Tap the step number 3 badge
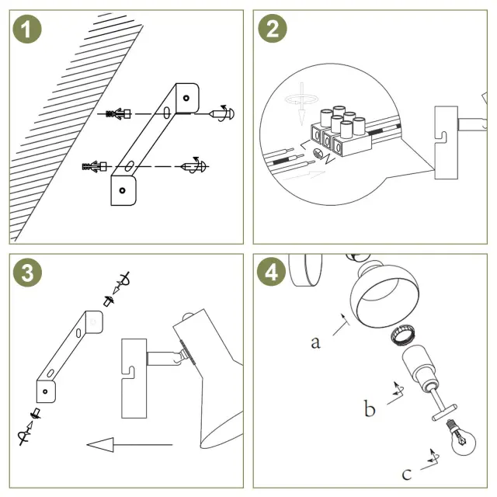point(27,273)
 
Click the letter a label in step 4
point(315,342)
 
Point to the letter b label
point(370,408)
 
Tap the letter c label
point(407,473)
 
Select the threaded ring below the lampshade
point(400,337)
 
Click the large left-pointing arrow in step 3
point(128,445)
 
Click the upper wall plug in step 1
point(117,113)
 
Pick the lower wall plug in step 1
point(92,166)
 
